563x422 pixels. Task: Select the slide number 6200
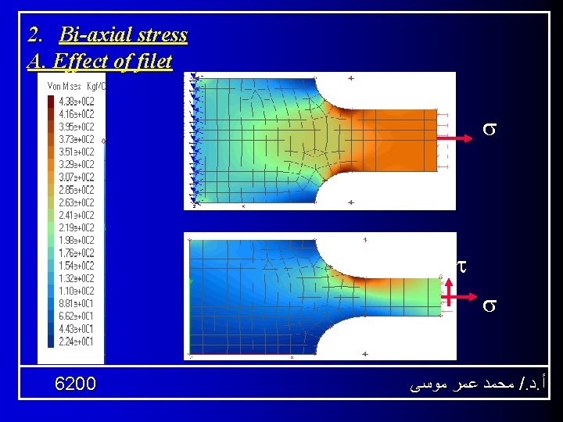click(76, 384)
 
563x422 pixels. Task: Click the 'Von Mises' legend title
click(67, 86)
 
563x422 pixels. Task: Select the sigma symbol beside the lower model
click(486, 304)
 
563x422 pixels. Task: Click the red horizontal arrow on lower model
click(461, 298)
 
